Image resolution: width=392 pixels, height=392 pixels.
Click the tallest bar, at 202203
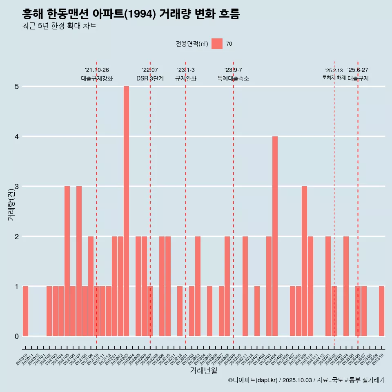pyautogui.click(x=126, y=211)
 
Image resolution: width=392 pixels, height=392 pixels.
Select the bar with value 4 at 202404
pyautogui.click(x=275, y=236)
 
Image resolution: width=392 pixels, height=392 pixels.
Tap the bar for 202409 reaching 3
pyautogui.click(x=304, y=261)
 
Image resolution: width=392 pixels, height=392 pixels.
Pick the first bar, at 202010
pyautogui.click(x=25, y=311)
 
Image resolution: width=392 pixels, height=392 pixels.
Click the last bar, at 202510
pyautogui.click(x=381, y=311)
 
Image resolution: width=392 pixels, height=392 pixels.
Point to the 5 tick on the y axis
pyautogui.click(x=17, y=87)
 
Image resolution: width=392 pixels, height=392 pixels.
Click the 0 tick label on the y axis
pyautogui.click(x=17, y=336)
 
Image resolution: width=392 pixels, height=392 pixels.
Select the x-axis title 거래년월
pyautogui.click(x=203, y=370)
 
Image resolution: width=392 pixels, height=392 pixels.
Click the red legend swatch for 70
pyautogui.click(x=217, y=44)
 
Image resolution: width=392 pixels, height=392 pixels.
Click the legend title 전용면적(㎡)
pyautogui.click(x=192, y=44)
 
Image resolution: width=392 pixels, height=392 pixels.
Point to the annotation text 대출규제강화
pyautogui.click(x=97, y=78)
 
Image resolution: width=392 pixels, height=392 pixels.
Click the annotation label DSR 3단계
pyautogui.click(x=150, y=78)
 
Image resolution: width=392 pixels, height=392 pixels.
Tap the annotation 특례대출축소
pyautogui.click(x=233, y=78)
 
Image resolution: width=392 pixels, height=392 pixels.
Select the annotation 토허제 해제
pyautogui.click(x=334, y=78)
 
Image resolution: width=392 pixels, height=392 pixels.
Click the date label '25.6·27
pyautogui.click(x=358, y=70)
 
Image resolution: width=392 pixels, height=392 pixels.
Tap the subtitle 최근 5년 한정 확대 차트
pyautogui.click(x=59, y=26)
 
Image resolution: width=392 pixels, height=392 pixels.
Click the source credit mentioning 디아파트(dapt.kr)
pyautogui.click(x=306, y=380)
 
